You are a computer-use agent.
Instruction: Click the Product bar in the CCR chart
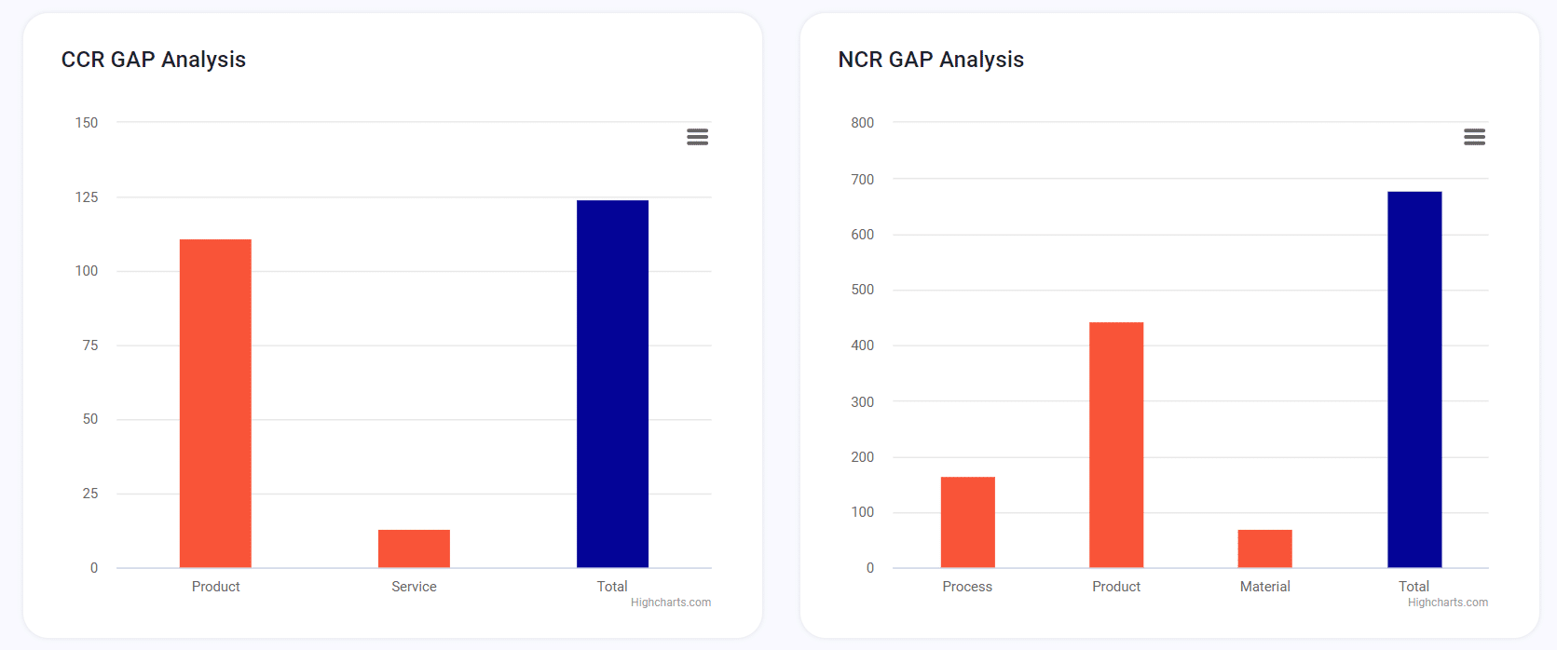[x=215, y=403]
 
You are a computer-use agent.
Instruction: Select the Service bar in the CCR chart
[x=414, y=548]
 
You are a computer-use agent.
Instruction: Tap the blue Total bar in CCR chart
[x=612, y=384]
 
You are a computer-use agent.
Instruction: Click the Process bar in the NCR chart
[x=967, y=522]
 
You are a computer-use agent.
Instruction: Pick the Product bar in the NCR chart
[x=1116, y=445]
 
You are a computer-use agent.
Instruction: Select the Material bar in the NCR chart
[x=1264, y=548]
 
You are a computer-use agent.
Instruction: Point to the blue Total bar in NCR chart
[x=1414, y=380]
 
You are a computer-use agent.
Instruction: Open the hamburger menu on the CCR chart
[x=697, y=137]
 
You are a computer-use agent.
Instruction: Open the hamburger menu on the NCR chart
[x=1474, y=137]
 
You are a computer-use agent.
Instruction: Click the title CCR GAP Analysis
[x=154, y=60]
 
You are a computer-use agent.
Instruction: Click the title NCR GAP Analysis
[x=931, y=60]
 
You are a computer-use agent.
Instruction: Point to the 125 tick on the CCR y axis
[x=87, y=197]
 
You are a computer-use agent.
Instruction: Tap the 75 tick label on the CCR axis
[x=89, y=345]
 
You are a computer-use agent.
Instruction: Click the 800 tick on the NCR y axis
[x=862, y=123]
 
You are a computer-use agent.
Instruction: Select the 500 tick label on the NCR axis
[x=862, y=290]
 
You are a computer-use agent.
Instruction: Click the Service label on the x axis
[x=414, y=587]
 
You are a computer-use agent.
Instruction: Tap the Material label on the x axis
[x=1264, y=587]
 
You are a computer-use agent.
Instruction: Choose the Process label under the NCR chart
[x=967, y=587]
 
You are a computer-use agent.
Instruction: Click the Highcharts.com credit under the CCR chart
[x=671, y=603]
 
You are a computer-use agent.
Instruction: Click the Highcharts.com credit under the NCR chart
[x=1448, y=603]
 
